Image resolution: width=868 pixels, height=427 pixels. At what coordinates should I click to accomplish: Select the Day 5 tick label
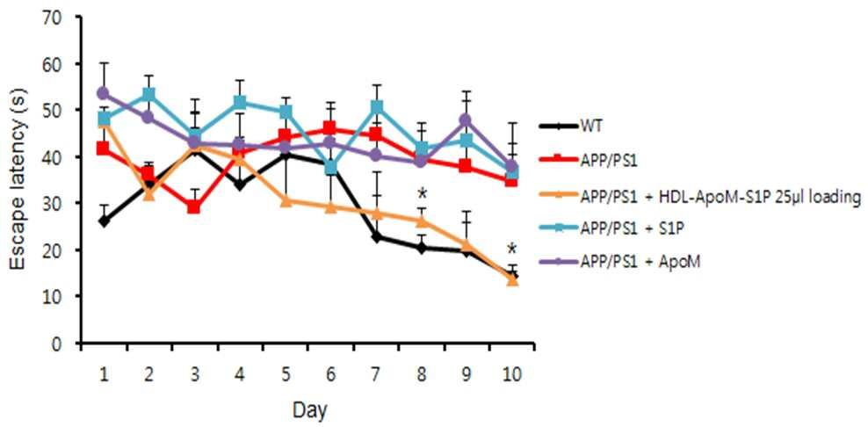(286, 373)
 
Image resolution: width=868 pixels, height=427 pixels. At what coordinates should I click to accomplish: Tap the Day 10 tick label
(511, 373)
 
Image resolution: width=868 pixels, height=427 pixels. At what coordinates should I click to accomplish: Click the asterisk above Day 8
(422, 195)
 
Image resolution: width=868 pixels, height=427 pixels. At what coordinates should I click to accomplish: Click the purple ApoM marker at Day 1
(103, 93)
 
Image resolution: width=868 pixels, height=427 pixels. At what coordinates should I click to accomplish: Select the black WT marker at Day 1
(104, 221)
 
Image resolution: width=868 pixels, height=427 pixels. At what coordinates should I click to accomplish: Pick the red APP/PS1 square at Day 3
(194, 207)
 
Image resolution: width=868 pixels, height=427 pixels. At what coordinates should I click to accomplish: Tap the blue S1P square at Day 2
(148, 94)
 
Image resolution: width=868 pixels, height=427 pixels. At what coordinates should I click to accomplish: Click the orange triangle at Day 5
(286, 200)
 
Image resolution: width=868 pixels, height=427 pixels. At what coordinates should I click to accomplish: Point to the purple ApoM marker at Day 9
(467, 120)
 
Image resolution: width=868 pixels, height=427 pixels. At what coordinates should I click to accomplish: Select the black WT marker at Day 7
(376, 237)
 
